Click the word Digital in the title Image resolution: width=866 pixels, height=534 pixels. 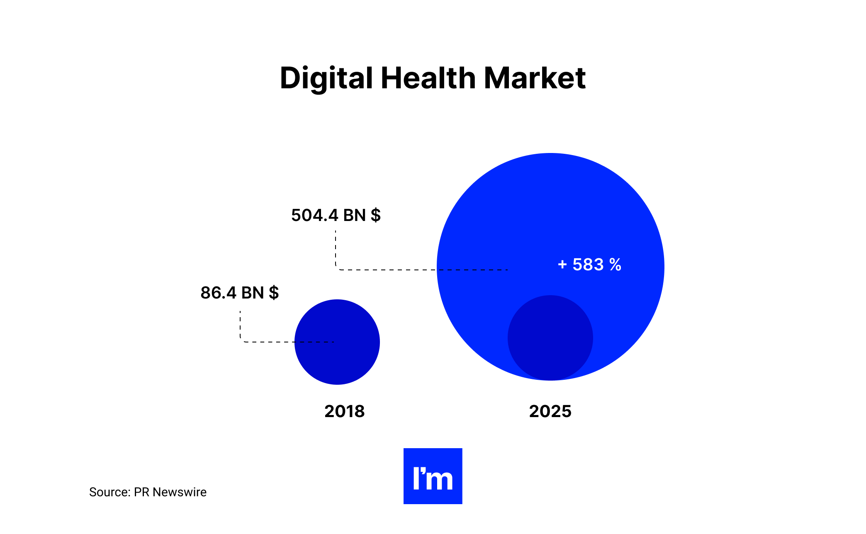[x=326, y=78]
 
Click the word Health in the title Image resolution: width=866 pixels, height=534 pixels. [x=428, y=78]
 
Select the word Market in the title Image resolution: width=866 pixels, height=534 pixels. [x=535, y=78]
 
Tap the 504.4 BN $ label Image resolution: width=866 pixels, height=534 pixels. [x=336, y=216]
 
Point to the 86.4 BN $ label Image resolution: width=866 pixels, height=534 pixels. [x=239, y=293]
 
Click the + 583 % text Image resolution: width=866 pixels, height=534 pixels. [x=589, y=265]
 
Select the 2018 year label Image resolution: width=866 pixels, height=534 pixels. [x=344, y=411]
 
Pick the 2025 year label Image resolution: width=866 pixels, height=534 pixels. [x=550, y=411]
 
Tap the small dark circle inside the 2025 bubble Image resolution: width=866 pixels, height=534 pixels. [x=550, y=338]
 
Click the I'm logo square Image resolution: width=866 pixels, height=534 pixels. [x=433, y=476]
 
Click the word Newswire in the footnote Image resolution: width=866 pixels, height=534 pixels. [x=180, y=492]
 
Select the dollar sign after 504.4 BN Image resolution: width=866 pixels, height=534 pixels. [x=376, y=216]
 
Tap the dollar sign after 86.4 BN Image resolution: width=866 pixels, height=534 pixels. [x=274, y=293]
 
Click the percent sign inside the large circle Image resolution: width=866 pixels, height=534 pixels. [x=615, y=265]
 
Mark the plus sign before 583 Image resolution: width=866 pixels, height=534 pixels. [x=562, y=265]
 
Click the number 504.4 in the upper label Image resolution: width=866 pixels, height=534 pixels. [x=314, y=216]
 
